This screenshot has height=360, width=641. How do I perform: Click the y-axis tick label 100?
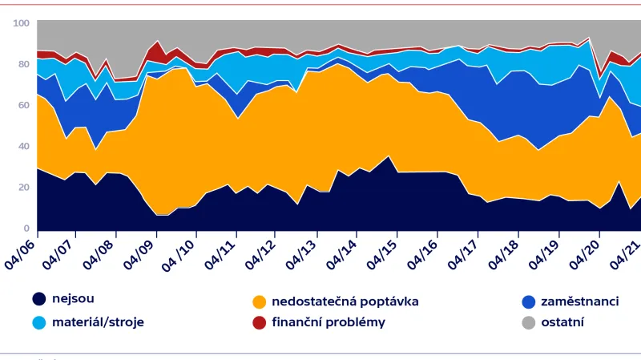pos(21,23)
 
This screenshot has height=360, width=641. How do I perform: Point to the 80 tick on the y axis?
pos(22,64)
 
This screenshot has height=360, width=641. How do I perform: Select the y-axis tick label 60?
pos(22,105)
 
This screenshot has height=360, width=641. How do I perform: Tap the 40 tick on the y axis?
pos(22,146)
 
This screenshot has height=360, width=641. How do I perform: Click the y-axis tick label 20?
pos(22,187)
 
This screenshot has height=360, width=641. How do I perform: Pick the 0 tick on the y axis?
pos(26,228)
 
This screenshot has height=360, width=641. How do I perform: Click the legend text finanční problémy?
pos(329,322)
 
